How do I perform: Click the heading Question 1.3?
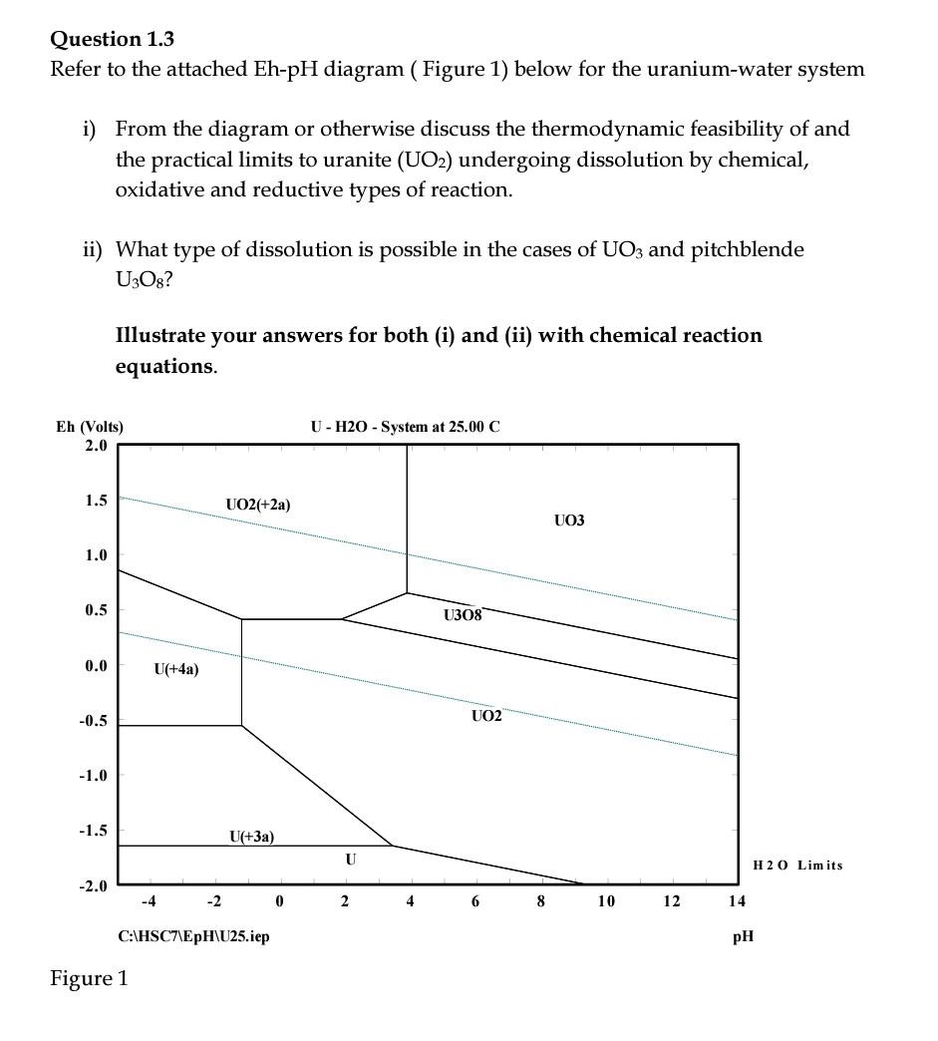[112, 39]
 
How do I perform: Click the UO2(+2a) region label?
[258, 505]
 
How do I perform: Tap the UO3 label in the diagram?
[568, 520]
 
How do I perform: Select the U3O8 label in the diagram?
[463, 615]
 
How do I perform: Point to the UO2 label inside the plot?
[486, 716]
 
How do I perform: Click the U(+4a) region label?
[175, 669]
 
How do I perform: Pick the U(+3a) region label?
[251, 837]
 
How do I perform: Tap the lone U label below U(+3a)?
[350, 859]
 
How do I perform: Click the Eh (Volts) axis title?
[90, 427]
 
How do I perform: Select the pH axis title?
[743, 936]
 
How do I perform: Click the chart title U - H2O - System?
[405, 427]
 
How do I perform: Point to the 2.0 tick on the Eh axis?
[96, 445]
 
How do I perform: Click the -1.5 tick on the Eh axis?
[94, 830]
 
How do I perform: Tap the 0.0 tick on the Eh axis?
[96, 665]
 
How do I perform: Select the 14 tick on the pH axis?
[737, 901]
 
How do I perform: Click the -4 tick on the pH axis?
[148, 901]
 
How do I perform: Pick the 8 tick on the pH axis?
[540, 901]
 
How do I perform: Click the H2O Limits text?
[797, 865]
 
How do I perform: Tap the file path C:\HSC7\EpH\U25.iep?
[193, 936]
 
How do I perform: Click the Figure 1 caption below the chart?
[90, 978]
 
